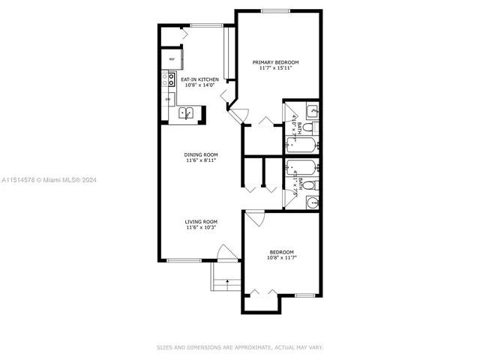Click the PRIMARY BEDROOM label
[x=275, y=62]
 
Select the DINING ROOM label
[x=201, y=154]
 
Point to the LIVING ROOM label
[x=201, y=221]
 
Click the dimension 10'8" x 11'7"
[x=281, y=258]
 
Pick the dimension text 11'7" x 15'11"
[x=275, y=68]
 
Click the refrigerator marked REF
[x=171, y=58]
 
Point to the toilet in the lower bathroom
[x=316, y=185]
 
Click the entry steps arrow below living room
[x=223, y=283]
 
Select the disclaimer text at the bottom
[x=239, y=347]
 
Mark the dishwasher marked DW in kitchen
[x=167, y=98]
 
